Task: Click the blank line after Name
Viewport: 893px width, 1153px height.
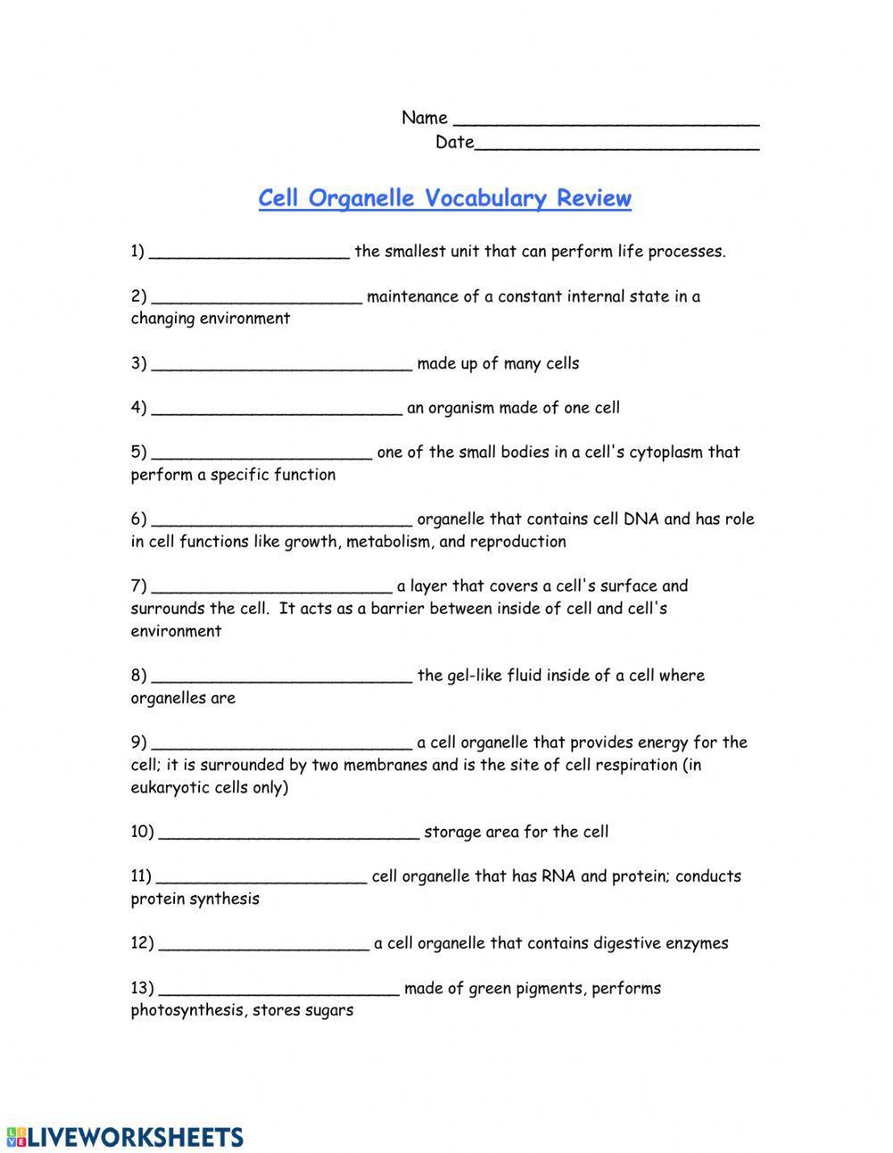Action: click(x=606, y=120)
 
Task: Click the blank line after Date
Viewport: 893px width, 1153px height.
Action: click(x=616, y=144)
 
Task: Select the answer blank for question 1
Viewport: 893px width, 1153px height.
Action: click(x=249, y=253)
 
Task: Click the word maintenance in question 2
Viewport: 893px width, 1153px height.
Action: click(x=413, y=297)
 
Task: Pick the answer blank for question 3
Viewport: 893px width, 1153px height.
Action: click(x=281, y=364)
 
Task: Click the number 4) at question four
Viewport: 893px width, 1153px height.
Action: click(x=138, y=408)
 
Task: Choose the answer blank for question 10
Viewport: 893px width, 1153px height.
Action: click(x=288, y=833)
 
